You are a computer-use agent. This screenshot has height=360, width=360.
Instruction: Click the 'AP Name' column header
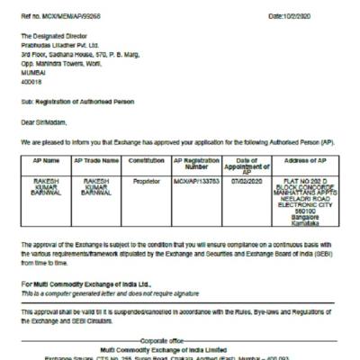45,160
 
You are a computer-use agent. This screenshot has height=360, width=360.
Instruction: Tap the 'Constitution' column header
146,160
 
